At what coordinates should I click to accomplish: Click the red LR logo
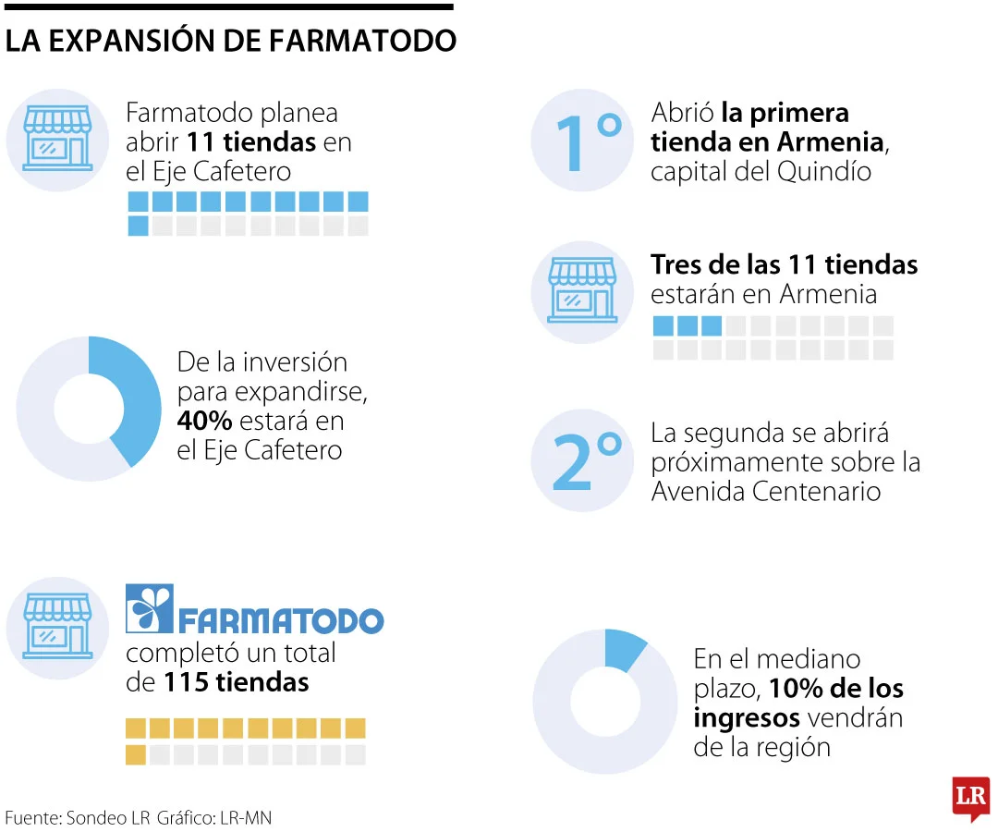pos(970,798)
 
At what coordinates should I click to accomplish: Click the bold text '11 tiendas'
pos(252,142)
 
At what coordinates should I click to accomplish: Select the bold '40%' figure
pos(204,421)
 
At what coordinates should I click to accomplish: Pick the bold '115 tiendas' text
pos(237,682)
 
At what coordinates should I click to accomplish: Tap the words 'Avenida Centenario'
pos(766,491)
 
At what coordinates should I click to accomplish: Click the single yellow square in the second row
pos(136,754)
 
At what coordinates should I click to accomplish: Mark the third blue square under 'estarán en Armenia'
pos(711,325)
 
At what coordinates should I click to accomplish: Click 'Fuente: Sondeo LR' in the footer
pos(78,818)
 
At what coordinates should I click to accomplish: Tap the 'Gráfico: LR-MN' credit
pos(214,818)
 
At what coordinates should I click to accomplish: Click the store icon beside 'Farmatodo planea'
pos(57,137)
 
